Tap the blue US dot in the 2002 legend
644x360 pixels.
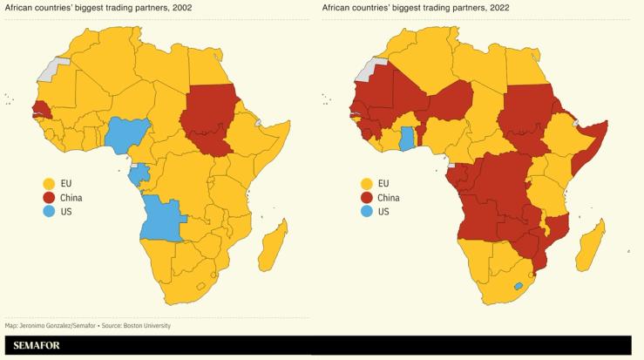coord(49,212)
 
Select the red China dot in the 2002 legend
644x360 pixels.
coord(49,198)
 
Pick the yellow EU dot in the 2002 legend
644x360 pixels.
coord(49,183)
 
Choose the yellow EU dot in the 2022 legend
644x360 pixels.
coord(366,183)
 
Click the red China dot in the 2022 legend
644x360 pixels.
coord(366,198)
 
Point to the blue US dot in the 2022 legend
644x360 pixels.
coord(366,212)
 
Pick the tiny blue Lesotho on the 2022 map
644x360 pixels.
coord(519,286)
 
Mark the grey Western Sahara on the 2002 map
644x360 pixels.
coord(59,68)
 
